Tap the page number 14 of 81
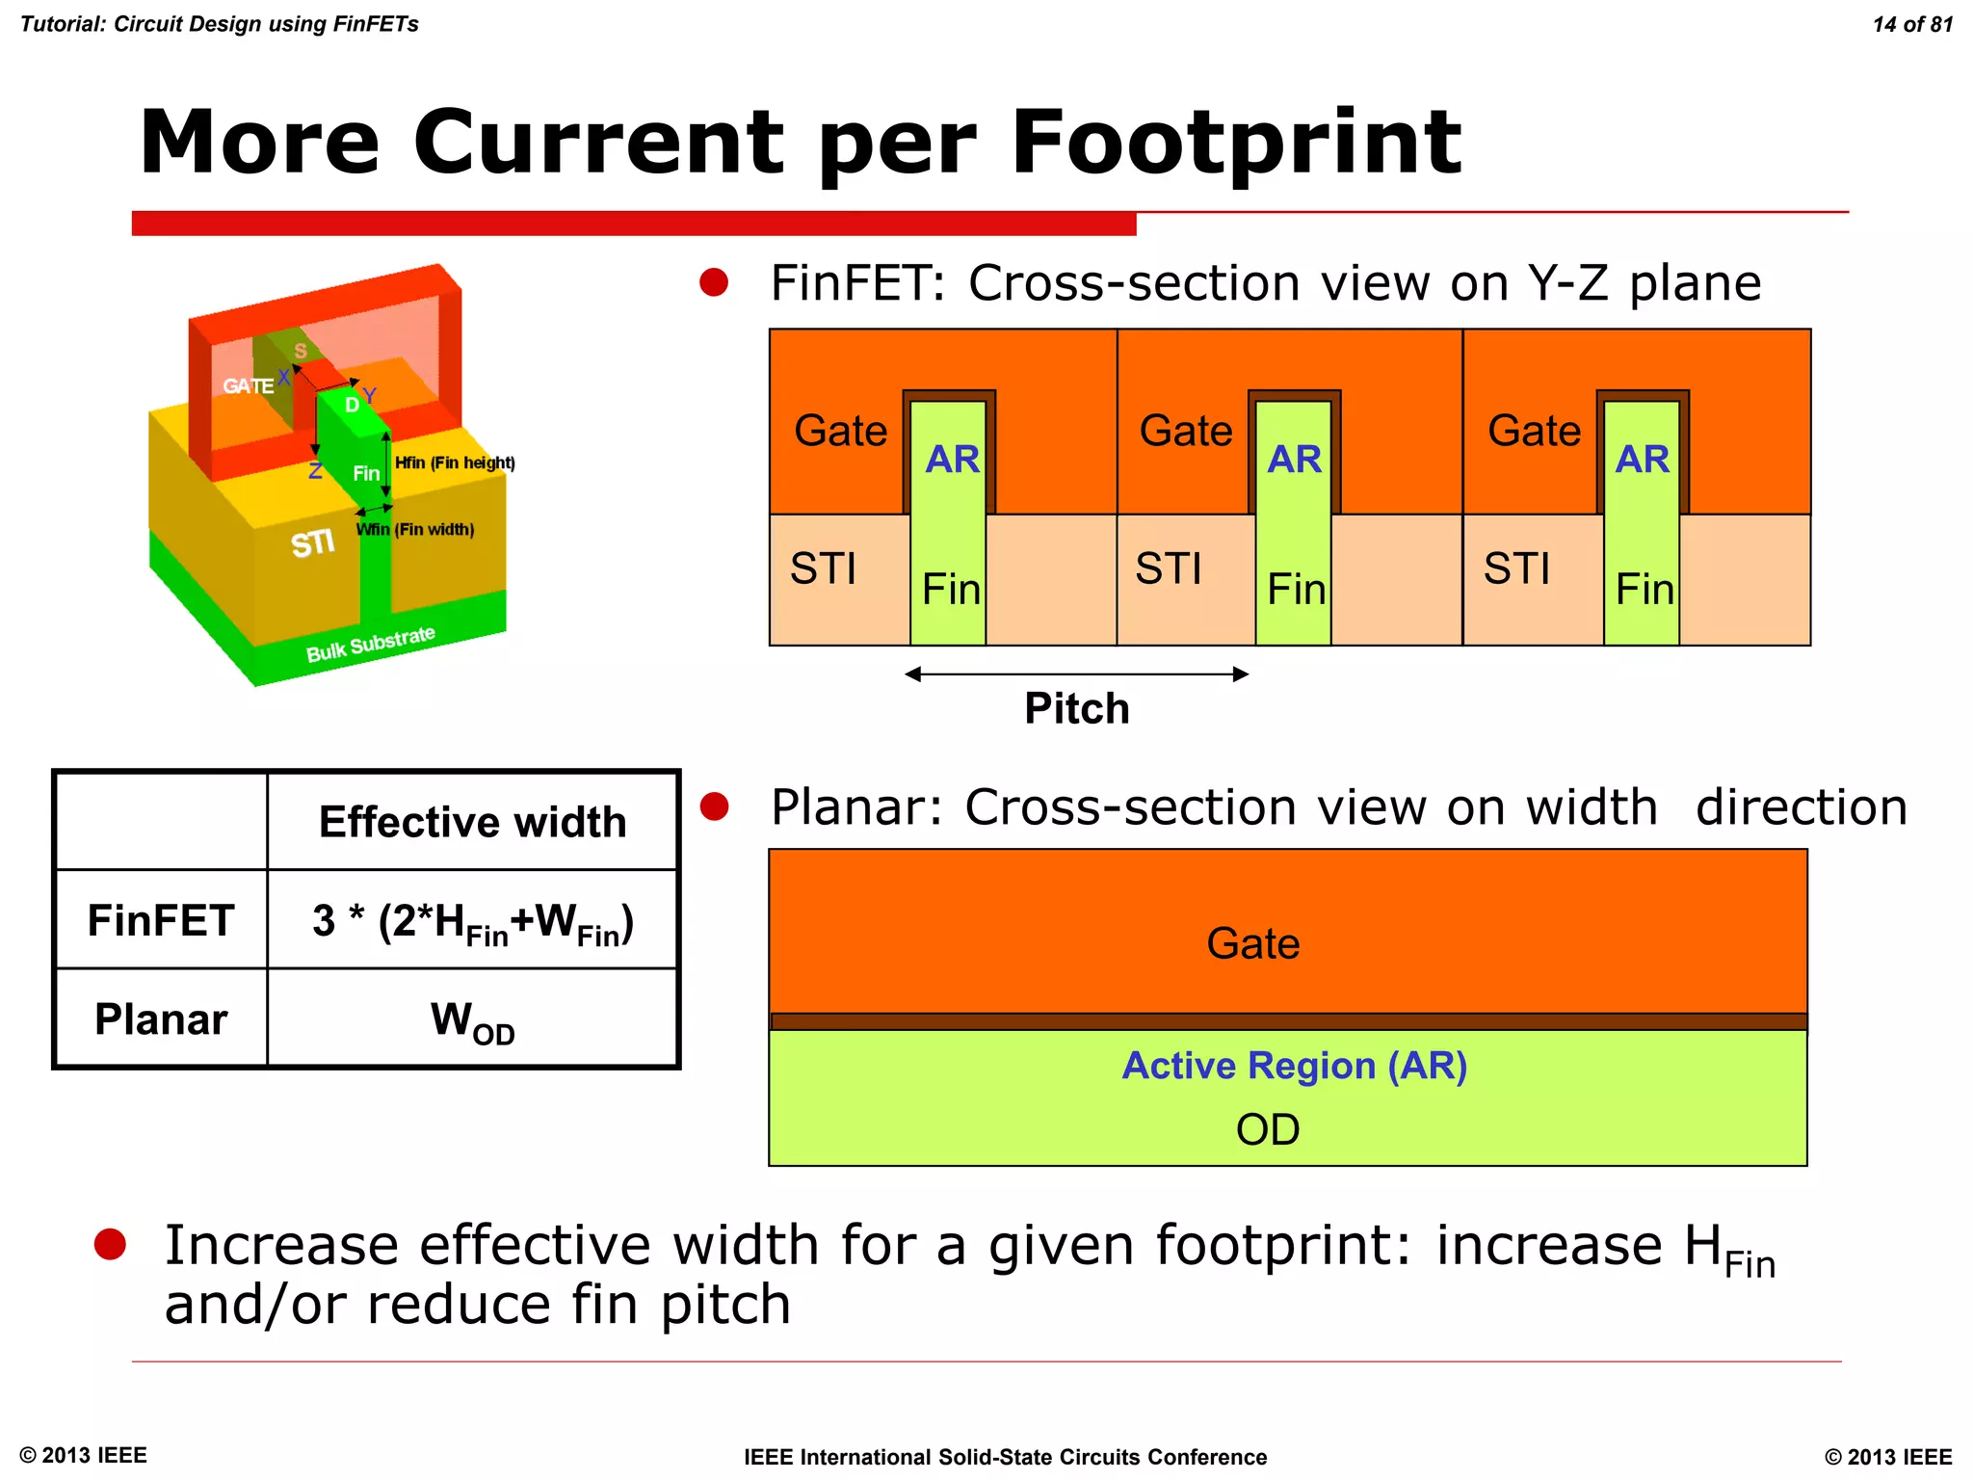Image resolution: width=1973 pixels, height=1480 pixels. (x=1912, y=25)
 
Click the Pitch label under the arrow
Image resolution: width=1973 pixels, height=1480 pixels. (x=1076, y=709)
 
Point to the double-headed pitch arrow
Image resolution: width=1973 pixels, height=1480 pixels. (x=1076, y=674)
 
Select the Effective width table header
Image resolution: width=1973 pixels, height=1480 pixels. (x=472, y=822)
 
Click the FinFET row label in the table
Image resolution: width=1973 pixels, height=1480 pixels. (x=161, y=920)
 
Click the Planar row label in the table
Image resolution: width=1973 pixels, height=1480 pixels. (x=161, y=1019)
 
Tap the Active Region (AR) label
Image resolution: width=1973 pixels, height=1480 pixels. (x=1294, y=1066)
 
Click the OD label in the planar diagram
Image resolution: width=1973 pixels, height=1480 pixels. (x=1268, y=1129)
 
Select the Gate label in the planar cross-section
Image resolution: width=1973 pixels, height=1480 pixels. (x=1252, y=943)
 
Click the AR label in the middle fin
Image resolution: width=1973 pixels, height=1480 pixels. (x=1294, y=460)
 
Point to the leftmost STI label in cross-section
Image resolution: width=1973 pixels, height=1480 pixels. (x=823, y=568)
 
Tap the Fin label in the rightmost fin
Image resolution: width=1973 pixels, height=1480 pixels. (x=1644, y=590)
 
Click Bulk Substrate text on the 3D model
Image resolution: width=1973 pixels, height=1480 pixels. (x=371, y=645)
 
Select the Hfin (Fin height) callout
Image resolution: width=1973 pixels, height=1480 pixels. (x=455, y=462)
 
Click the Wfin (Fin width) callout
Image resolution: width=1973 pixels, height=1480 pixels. (x=415, y=530)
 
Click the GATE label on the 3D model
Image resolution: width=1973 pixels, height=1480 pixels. (x=248, y=386)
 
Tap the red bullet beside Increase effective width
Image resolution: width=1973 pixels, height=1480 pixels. (x=111, y=1244)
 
